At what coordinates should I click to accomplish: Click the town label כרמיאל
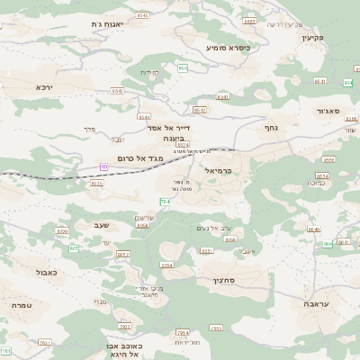pos(219,170)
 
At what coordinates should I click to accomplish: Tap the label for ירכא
pos(45,87)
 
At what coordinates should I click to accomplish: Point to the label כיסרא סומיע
pos(228,47)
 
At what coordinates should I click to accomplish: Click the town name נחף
pos(270,128)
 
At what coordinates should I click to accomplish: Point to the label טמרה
pos(22,306)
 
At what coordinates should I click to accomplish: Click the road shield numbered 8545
pos(142,16)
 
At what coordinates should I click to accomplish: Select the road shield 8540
pos(118,91)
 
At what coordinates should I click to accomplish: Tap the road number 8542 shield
pos(200,110)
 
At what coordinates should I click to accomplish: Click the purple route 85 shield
pos(104,166)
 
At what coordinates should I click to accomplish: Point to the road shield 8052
pos(123,255)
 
